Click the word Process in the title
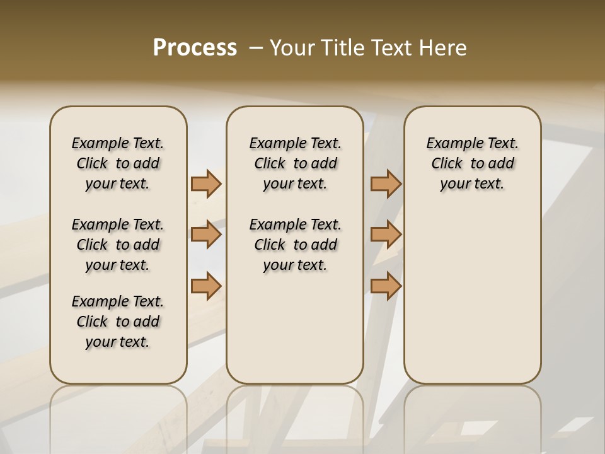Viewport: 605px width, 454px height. [195, 48]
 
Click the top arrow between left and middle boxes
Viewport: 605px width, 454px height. [206, 183]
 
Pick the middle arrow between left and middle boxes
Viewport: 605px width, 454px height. [206, 235]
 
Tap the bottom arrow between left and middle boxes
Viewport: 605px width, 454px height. [206, 286]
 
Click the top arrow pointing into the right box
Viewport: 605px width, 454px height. [386, 183]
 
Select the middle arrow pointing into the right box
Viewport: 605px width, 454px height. [386, 235]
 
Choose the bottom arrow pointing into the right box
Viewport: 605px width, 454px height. [386, 286]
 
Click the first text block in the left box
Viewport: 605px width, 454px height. [118, 163]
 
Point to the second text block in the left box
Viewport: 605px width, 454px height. [118, 245]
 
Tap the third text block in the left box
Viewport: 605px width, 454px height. [118, 322]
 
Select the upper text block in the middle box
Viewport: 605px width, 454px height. [295, 163]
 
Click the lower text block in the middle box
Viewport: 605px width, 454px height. [295, 245]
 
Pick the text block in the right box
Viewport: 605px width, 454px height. [472, 163]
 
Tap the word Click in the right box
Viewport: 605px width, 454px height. [447, 164]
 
